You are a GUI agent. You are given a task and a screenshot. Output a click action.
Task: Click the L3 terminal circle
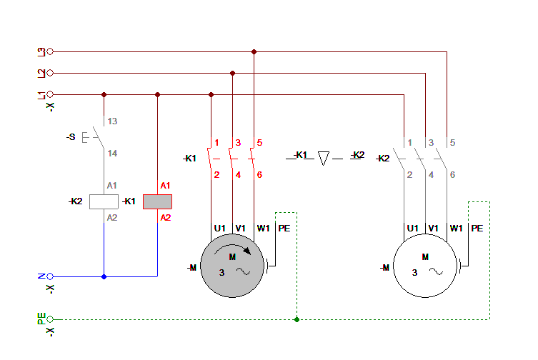[50, 51]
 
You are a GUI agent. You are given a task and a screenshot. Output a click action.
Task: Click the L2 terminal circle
[50, 73]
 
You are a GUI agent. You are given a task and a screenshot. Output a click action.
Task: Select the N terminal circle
[50, 276]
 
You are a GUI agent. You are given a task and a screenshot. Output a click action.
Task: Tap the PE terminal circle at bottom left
[50, 319]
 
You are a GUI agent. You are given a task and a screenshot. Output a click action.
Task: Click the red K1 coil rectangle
[157, 201]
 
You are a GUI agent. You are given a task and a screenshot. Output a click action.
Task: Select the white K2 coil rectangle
[104, 201]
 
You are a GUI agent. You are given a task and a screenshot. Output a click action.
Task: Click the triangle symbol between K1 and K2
[323, 157]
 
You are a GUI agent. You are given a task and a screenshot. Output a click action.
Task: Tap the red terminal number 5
[260, 142]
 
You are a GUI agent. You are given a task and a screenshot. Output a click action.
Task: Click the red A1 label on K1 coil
[165, 186]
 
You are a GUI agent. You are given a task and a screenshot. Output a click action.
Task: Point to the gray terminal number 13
[112, 121]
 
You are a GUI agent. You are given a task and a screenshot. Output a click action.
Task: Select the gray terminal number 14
[112, 154]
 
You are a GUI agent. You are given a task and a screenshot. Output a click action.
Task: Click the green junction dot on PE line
[297, 319]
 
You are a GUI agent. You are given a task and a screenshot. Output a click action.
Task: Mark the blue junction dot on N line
[104, 276]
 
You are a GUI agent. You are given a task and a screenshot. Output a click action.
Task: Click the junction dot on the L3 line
[254, 51]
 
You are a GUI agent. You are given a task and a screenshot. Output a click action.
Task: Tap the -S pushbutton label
[71, 136]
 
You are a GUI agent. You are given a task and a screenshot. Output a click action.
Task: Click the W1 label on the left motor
[263, 229]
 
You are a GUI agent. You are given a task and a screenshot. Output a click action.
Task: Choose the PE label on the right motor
[477, 229]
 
